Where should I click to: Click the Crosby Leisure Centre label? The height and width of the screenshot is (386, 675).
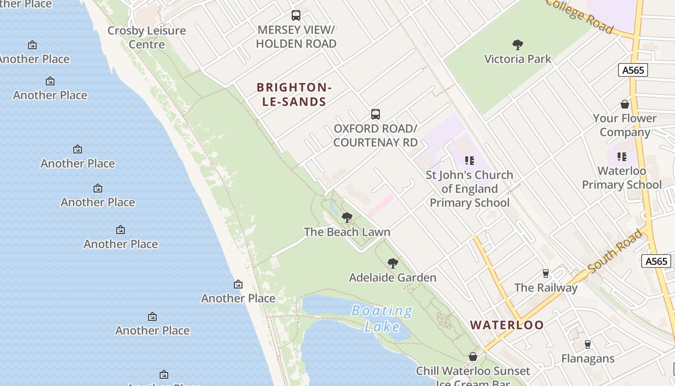147,37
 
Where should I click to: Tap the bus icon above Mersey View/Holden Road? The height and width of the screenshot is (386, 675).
296,15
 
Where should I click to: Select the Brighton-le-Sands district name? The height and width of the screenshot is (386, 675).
294,95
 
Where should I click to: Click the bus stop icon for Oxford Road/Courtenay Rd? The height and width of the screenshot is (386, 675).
376,114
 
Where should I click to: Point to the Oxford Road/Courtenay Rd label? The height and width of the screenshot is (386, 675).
375,136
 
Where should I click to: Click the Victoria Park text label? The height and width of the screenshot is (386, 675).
518,59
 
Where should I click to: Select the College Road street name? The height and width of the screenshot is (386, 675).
580,15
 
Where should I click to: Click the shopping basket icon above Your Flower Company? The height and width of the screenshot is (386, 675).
625,104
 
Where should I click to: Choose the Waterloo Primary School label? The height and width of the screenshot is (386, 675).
621,178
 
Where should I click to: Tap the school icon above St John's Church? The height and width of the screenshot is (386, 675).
469,161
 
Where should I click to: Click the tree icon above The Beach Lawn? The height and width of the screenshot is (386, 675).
347,218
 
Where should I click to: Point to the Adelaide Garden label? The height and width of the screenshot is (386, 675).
392,277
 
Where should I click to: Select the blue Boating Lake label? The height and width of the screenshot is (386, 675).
382,319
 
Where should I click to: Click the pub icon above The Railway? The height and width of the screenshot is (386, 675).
545,274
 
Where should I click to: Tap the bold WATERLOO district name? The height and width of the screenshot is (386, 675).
507,325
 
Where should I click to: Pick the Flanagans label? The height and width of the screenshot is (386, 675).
588,358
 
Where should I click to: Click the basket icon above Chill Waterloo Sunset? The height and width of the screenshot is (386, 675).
473,357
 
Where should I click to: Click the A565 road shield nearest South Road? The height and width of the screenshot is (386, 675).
656,262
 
